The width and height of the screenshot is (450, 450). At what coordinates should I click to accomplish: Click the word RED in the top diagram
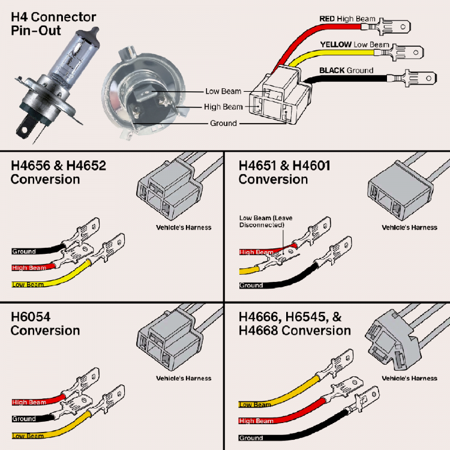pos(327,19)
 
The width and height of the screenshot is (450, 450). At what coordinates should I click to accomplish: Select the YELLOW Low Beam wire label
pos(354,45)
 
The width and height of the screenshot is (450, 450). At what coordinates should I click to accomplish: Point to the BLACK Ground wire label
pos(346,70)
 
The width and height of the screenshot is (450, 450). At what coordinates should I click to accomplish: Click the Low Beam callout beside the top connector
pos(223,91)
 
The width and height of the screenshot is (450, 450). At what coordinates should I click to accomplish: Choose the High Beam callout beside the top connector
pos(224,107)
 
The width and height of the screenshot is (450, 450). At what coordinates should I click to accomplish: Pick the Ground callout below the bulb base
pos(223,123)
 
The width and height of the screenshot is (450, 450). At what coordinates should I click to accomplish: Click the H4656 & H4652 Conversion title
pos(58,172)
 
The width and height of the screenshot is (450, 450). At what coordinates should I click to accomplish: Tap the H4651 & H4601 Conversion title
pos(284,172)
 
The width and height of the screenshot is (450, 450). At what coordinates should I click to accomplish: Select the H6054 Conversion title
pos(45,323)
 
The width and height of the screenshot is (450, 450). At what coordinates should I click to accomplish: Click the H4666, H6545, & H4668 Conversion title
pos(295,323)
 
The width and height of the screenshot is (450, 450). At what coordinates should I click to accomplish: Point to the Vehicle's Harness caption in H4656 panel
pos(184,227)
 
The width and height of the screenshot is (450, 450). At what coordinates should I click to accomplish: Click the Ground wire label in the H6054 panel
pos(24,419)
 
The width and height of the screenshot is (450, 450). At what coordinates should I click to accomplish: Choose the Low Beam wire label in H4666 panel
pos(255,405)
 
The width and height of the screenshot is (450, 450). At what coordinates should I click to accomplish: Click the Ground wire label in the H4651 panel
pos(251,285)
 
